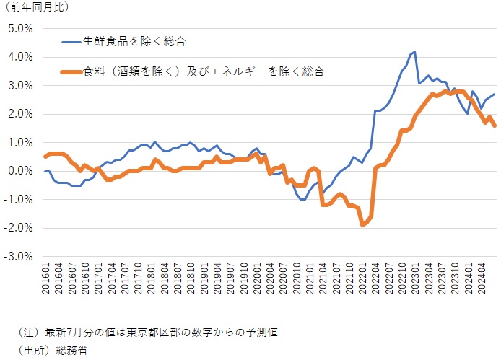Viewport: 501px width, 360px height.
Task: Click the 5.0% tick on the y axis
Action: click(21, 29)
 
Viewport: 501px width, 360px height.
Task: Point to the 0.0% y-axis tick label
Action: click(21, 171)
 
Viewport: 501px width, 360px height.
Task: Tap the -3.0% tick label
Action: click(19, 256)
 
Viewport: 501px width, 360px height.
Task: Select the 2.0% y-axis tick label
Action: click(21, 114)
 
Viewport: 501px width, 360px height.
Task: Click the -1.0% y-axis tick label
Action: click(19, 199)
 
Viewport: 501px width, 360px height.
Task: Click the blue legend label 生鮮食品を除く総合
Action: click(130, 42)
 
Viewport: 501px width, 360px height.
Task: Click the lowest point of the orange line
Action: click(362, 225)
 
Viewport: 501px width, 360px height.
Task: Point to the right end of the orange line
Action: click(495, 126)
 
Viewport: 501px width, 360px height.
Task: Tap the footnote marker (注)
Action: click(26, 332)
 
